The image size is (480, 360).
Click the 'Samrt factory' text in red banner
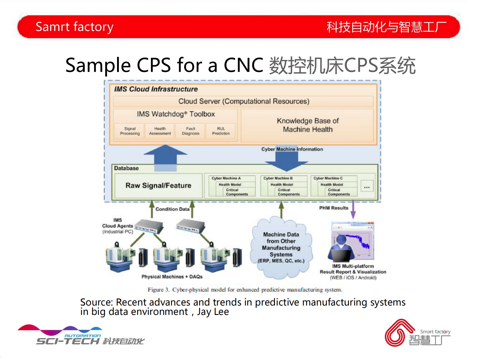pos(74,27)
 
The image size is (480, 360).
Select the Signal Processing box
pos(130,131)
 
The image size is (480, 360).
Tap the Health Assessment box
pos(160,131)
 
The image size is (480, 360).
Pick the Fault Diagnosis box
pos(191,131)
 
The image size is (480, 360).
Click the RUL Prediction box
pos(221,131)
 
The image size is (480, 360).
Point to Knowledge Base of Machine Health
pos(307,125)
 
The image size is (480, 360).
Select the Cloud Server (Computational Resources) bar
pos(243,101)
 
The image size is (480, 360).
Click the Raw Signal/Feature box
pos(158,185)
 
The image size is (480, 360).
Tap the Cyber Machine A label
pos(226,178)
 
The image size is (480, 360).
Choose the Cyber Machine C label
pos(328,178)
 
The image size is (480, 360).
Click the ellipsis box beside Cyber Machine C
pos(367,186)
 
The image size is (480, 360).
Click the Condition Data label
pos(172,209)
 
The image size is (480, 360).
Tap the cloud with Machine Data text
pos(281,247)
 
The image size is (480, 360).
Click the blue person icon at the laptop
pos(341,245)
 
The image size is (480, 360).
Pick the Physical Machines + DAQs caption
pos(172,277)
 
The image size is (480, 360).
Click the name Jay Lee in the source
pos(213,312)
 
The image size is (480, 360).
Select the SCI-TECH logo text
pos(68,341)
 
